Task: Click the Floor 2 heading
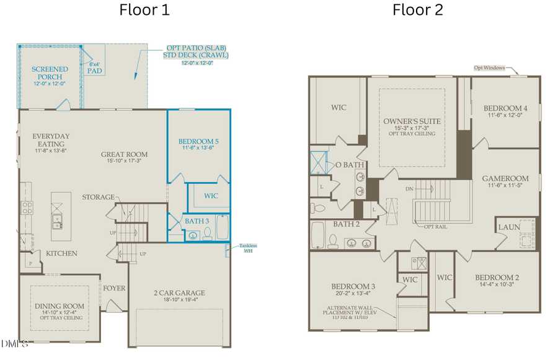tap(417, 11)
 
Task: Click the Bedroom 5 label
tap(198, 141)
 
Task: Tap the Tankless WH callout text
tap(246, 248)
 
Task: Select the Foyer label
tap(114, 288)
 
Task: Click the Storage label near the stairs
tap(98, 197)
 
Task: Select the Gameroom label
tap(505, 178)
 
